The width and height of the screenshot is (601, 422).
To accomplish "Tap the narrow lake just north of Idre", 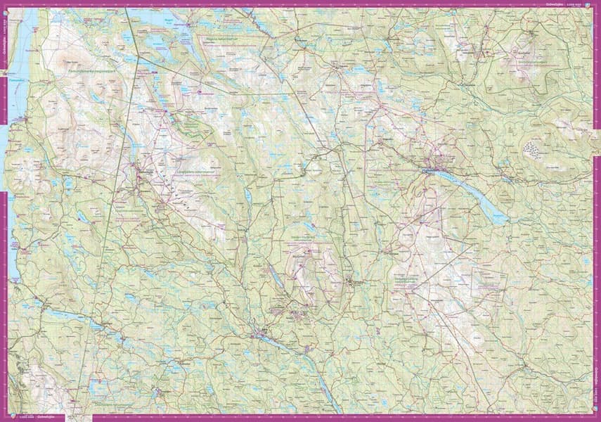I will [x=277, y=281].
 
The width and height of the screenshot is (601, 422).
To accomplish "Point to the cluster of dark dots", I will [x=536, y=149].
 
